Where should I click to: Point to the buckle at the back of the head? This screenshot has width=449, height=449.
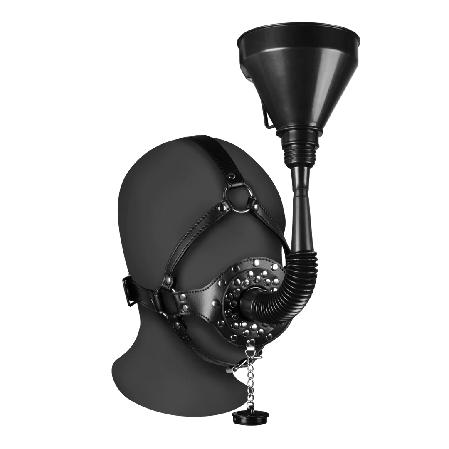[x=130, y=287]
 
